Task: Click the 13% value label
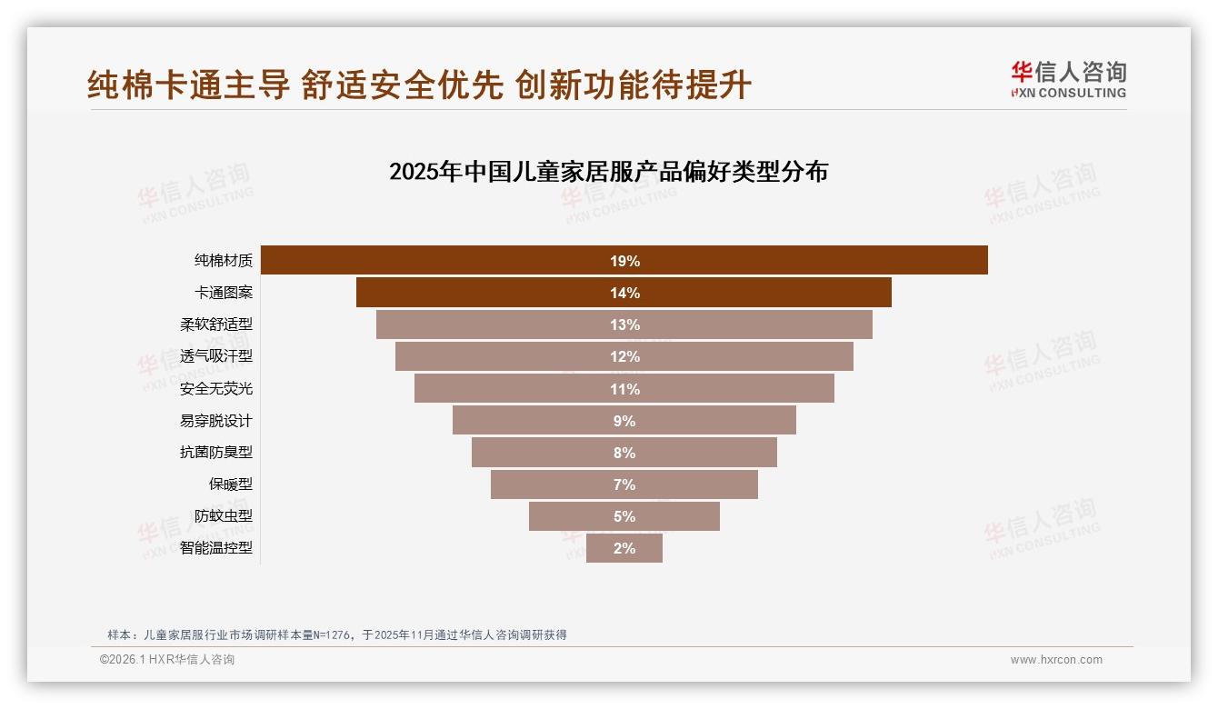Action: pos(624,325)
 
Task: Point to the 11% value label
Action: pos(624,389)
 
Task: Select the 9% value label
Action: pos(624,421)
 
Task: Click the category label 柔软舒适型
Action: pos(216,325)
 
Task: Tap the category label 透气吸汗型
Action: pos(216,356)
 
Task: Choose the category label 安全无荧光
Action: pos(216,389)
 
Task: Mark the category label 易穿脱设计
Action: pos(216,421)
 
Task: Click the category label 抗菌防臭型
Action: pos(216,453)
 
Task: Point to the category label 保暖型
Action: pos(231,484)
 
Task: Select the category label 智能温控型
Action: pos(216,548)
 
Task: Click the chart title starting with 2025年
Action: pos(608,172)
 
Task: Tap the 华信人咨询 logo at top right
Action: pos(1068,79)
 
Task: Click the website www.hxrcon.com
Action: pos(1056,660)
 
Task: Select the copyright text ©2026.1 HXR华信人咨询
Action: pos(166,660)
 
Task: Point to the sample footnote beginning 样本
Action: pos(336,634)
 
